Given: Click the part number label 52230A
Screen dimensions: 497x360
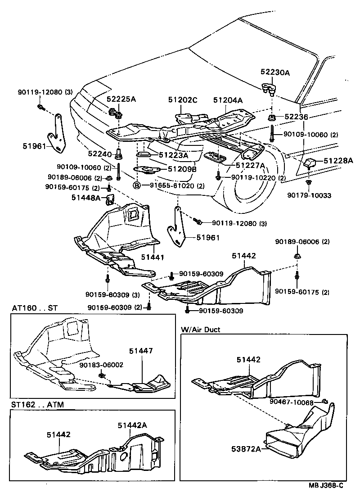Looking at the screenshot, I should (275, 72).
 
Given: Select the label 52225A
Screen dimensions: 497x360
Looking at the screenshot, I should (121, 99).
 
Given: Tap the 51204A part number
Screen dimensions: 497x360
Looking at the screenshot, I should (228, 101).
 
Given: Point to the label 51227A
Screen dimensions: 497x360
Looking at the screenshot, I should (251, 166).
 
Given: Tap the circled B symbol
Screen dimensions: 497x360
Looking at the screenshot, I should (136, 185).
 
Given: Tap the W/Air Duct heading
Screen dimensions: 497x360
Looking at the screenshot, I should (201, 330).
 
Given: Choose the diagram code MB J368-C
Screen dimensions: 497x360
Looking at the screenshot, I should (326, 485).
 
